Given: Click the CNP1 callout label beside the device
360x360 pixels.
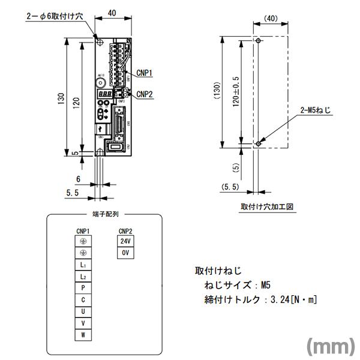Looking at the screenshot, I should (145, 73).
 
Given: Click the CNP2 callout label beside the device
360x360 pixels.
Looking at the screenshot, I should (145, 94).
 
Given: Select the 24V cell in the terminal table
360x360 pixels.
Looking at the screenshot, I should (125, 241).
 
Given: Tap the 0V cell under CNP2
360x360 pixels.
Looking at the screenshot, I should (125, 253).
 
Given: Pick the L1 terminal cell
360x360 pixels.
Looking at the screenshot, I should (83, 265).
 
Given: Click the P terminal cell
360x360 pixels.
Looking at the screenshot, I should (83, 288).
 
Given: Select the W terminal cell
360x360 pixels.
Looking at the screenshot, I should (83, 335).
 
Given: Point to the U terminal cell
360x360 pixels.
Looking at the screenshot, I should (83, 311).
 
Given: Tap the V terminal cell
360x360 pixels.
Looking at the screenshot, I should (83, 323).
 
